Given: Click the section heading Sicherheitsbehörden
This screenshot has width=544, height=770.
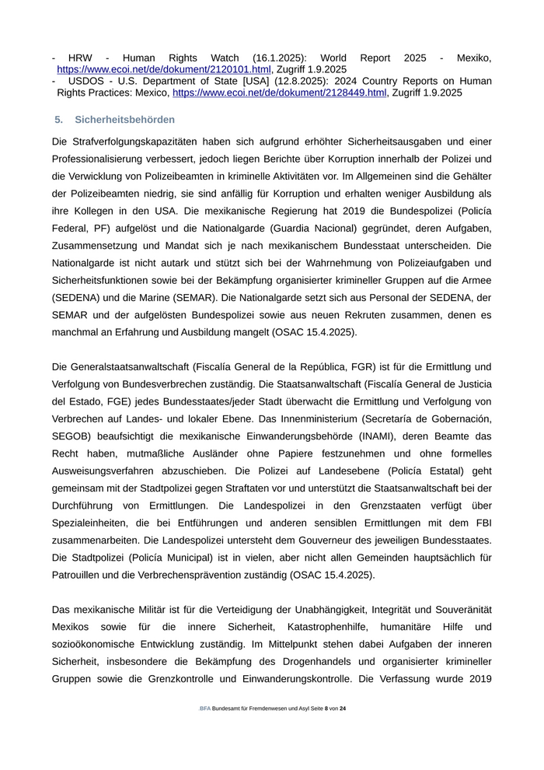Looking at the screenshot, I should tap(124, 120).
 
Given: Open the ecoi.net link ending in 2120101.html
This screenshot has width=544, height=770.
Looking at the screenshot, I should tap(163, 70).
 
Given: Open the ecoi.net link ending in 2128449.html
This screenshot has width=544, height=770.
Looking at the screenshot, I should tap(279, 93).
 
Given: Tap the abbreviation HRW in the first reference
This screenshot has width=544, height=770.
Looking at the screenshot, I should tap(80, 58).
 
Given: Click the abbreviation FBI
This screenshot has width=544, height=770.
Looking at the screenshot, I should tap(482, 521).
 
